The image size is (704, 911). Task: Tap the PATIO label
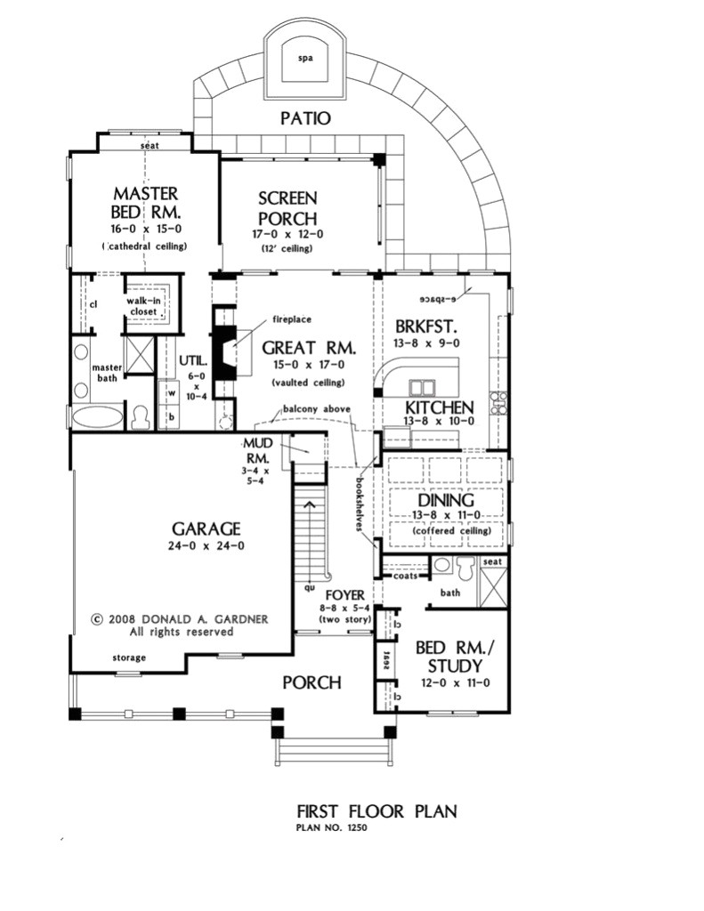click(x=305, y=117)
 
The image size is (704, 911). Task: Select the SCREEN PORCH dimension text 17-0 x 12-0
click(x=287, y=234)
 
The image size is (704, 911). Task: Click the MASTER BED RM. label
click(x=146, y=204)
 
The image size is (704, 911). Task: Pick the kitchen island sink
click(x=422, y=388)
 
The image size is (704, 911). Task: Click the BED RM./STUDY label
click(x=449, y=657)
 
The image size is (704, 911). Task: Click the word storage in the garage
click(x=130, y=657)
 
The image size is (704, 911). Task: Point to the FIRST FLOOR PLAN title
click(x=376, y=811)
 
